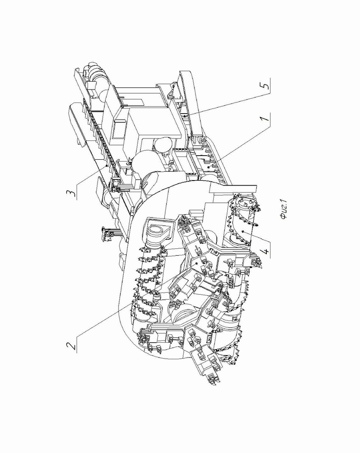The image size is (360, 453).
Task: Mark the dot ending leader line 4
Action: (x=244, y=231)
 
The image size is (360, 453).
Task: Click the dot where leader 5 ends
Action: (x=185, y=116)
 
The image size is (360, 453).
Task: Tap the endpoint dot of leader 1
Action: (x=209, y=167)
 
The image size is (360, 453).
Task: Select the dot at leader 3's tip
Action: (x=107, y=165)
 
